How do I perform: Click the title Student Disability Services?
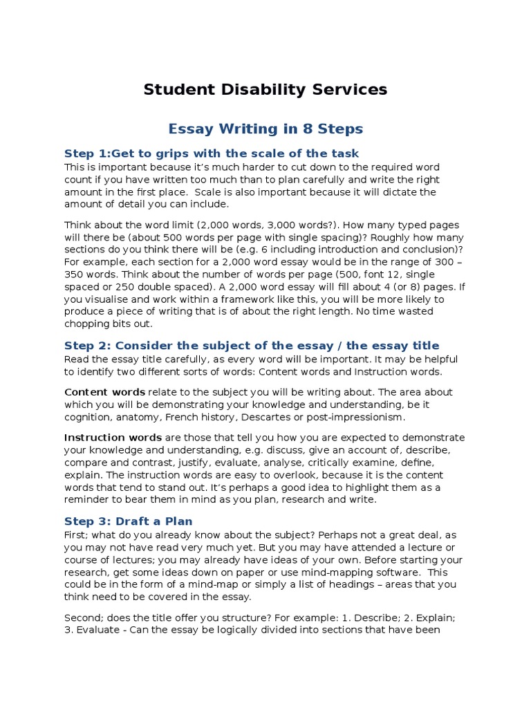265,90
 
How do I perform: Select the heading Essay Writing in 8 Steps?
265,129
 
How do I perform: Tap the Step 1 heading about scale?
212,153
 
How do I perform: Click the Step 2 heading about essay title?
252,346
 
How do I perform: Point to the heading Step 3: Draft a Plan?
129,521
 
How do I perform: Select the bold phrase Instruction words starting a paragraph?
113,438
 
